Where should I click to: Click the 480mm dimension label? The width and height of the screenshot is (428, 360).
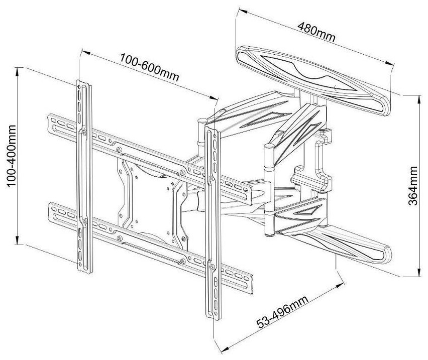[316, 32]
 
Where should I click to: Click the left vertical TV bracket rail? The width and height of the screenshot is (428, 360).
[83, 176]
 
